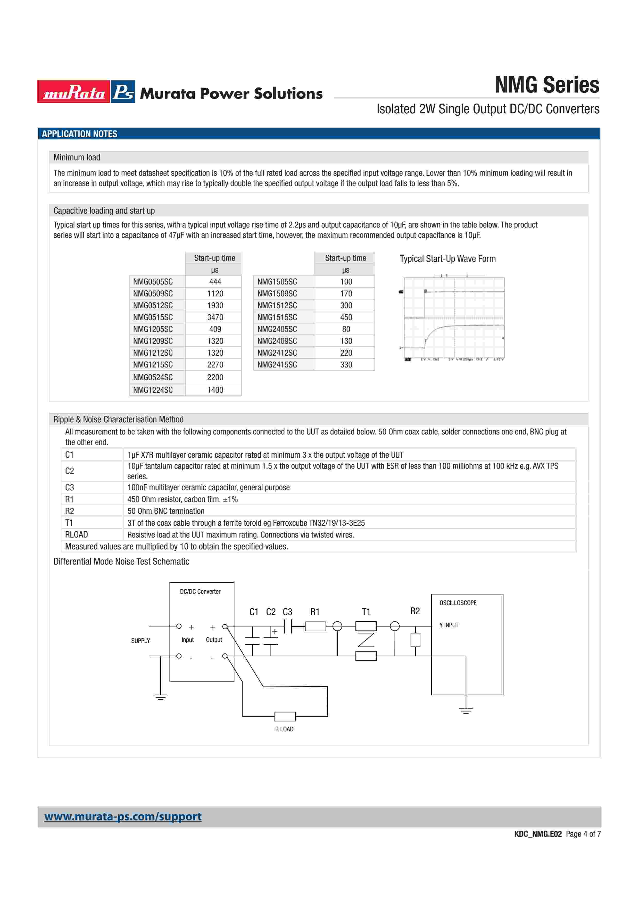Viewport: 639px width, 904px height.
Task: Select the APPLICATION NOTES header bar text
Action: pyautogui.click(x=80, y=134)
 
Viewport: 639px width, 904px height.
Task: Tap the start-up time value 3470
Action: pyautogui.click(x=215, y=317)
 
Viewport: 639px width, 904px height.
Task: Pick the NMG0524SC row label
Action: pyautogui.click(x=153, y=377)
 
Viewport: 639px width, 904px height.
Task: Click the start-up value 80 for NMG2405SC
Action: pyautogui.click(x=346, y=329)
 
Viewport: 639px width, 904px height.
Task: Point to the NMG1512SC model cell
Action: pyautogui.click(x=277, y=306)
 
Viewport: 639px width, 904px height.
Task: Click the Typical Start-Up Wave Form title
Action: pyautogui.click(x=448, y=259)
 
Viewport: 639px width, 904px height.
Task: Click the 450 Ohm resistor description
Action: pyautogui.click(x=182, y=499)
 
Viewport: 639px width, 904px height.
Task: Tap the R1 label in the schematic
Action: pyautogui.click(x=314, y=612)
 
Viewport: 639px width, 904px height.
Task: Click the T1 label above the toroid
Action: pyautogui.click(x=366, y=612)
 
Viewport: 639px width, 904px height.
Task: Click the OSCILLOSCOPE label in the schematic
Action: pyautogui.click(x=458, y=603)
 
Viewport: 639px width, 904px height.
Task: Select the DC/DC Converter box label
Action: pyautogui.click(x=200, y=591)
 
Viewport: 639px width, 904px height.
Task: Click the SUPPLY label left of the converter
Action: pyautogui.click(x=140, y=641)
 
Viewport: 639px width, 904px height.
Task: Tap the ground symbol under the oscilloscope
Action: pyautogui.click(x=466, y=710)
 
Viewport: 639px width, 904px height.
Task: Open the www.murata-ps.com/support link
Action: pyautogui.click(x=123, y=817)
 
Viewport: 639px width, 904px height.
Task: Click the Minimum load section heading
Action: pyautogui.click(x=77, y=157)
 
